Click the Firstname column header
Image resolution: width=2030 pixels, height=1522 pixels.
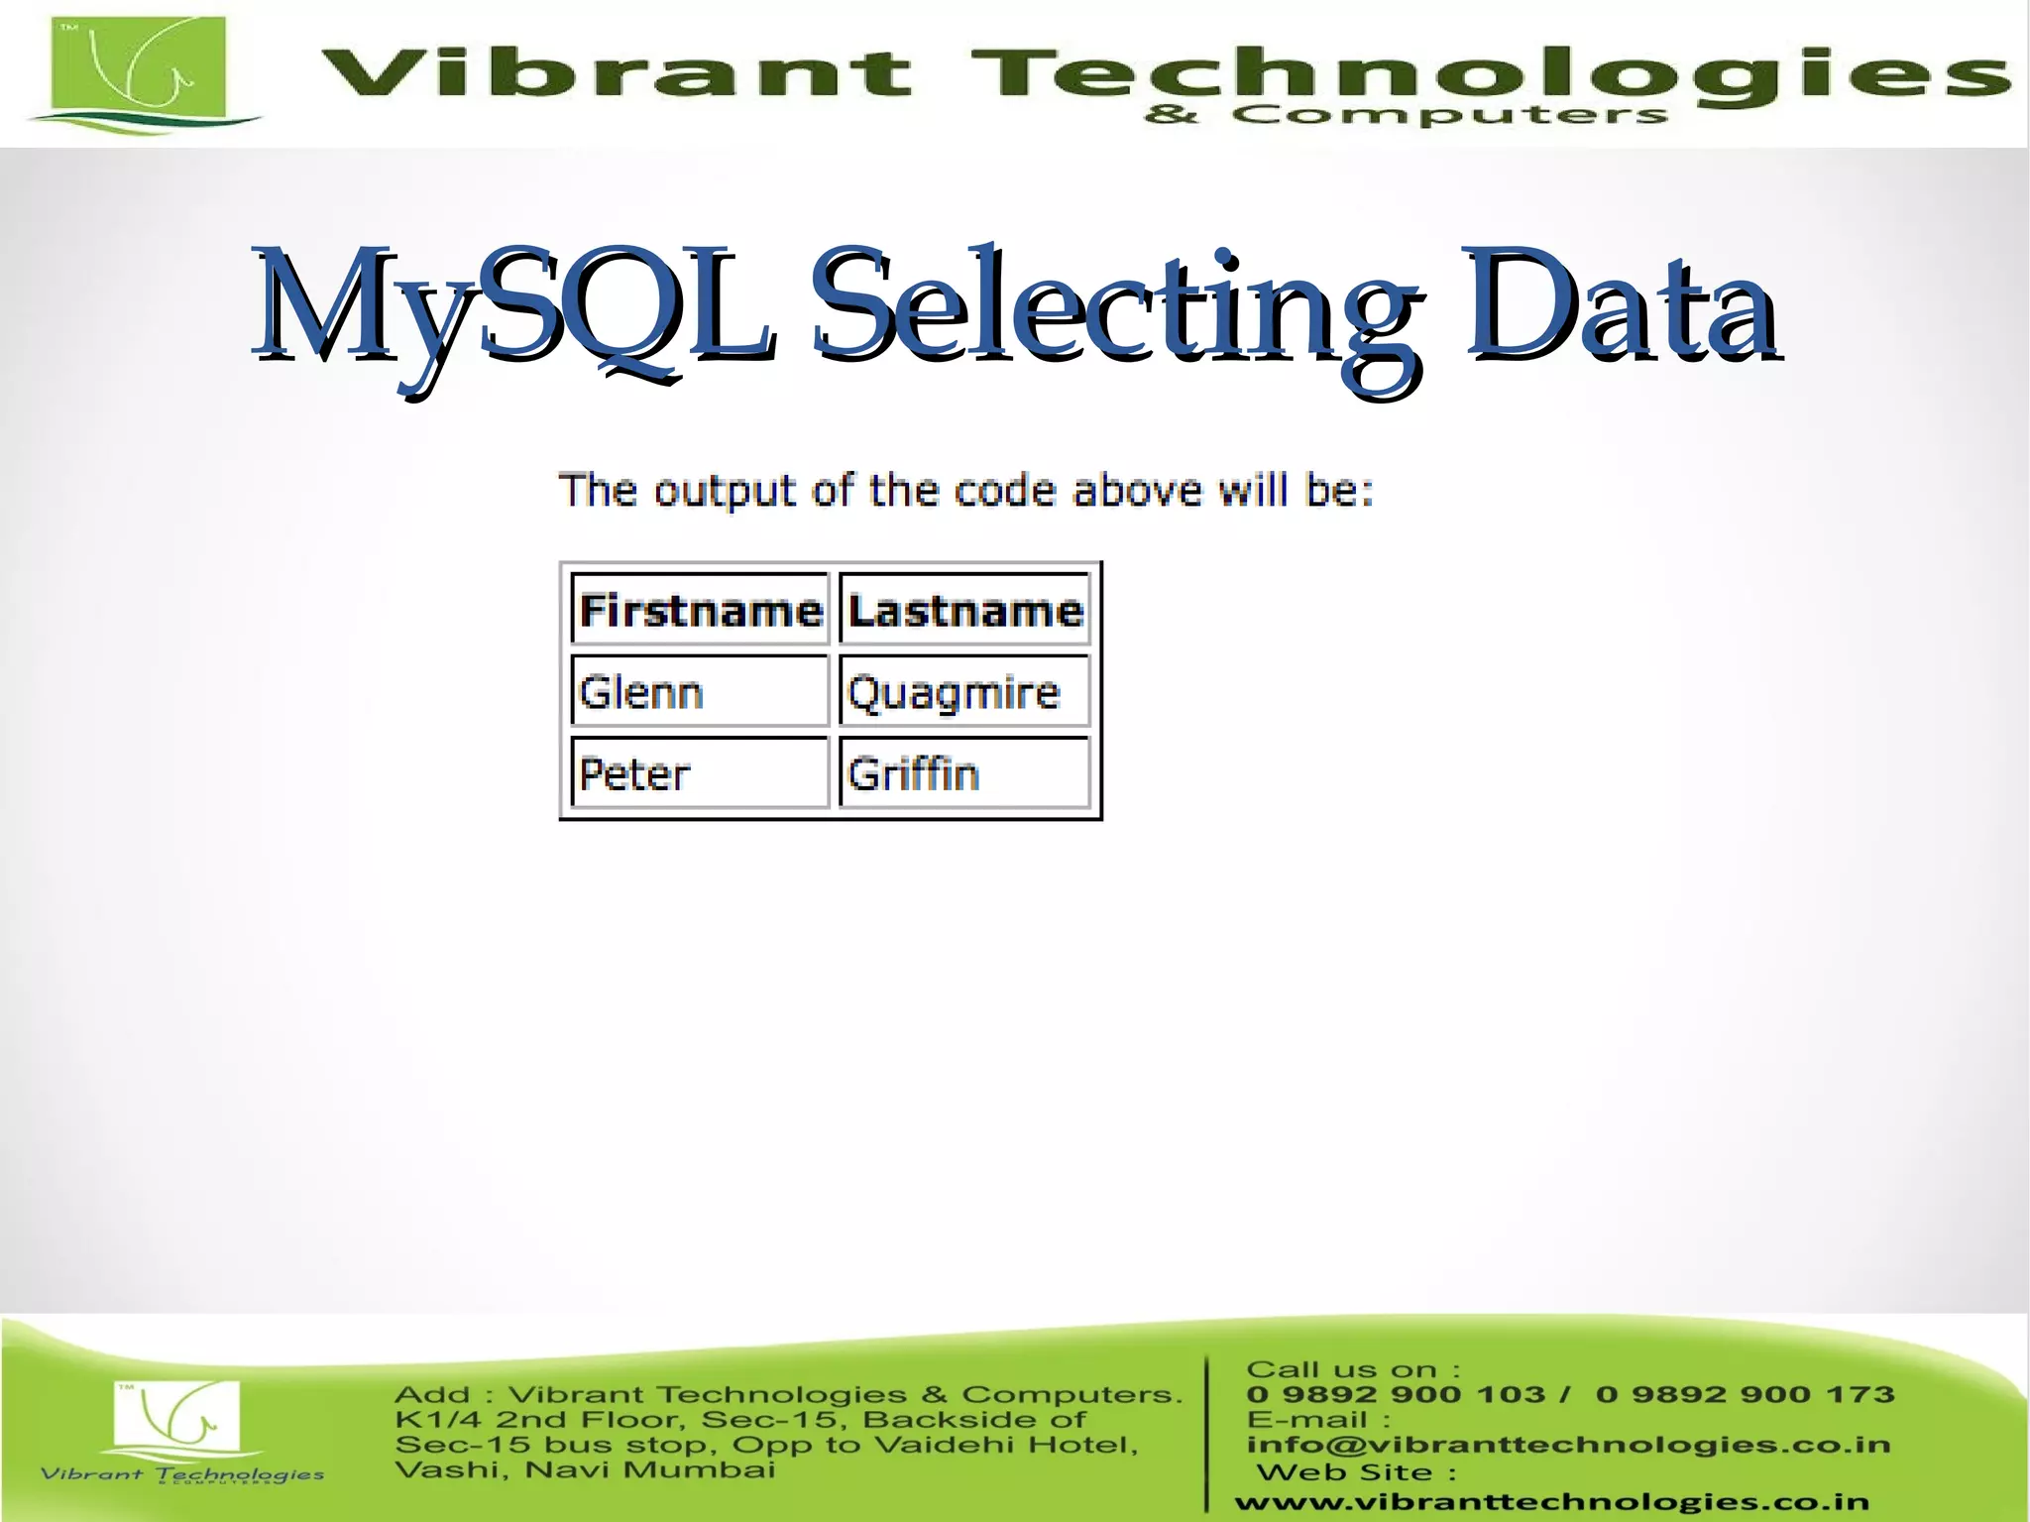[x=700, y=610]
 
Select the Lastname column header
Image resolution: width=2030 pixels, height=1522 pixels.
[x=964, y=610]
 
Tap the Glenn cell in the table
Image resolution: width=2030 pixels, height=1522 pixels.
[x=700, y=691]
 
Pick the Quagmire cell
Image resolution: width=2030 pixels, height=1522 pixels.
[x=964, y=691]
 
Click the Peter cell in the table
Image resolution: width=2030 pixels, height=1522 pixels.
[x=700, y=773]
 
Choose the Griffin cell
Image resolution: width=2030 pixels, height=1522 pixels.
[x=964, y=773]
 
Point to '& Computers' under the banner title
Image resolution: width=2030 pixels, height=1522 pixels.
[x=1406, y=115]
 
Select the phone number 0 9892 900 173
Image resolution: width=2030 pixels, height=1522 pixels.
[x=1745, y=1394]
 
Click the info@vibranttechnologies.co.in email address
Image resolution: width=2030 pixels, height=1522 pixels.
[x=1568, y=1444]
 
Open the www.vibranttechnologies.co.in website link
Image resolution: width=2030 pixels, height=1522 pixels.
[x=1551, y=1502]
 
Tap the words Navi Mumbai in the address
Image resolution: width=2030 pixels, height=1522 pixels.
[x=650, y=1468]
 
